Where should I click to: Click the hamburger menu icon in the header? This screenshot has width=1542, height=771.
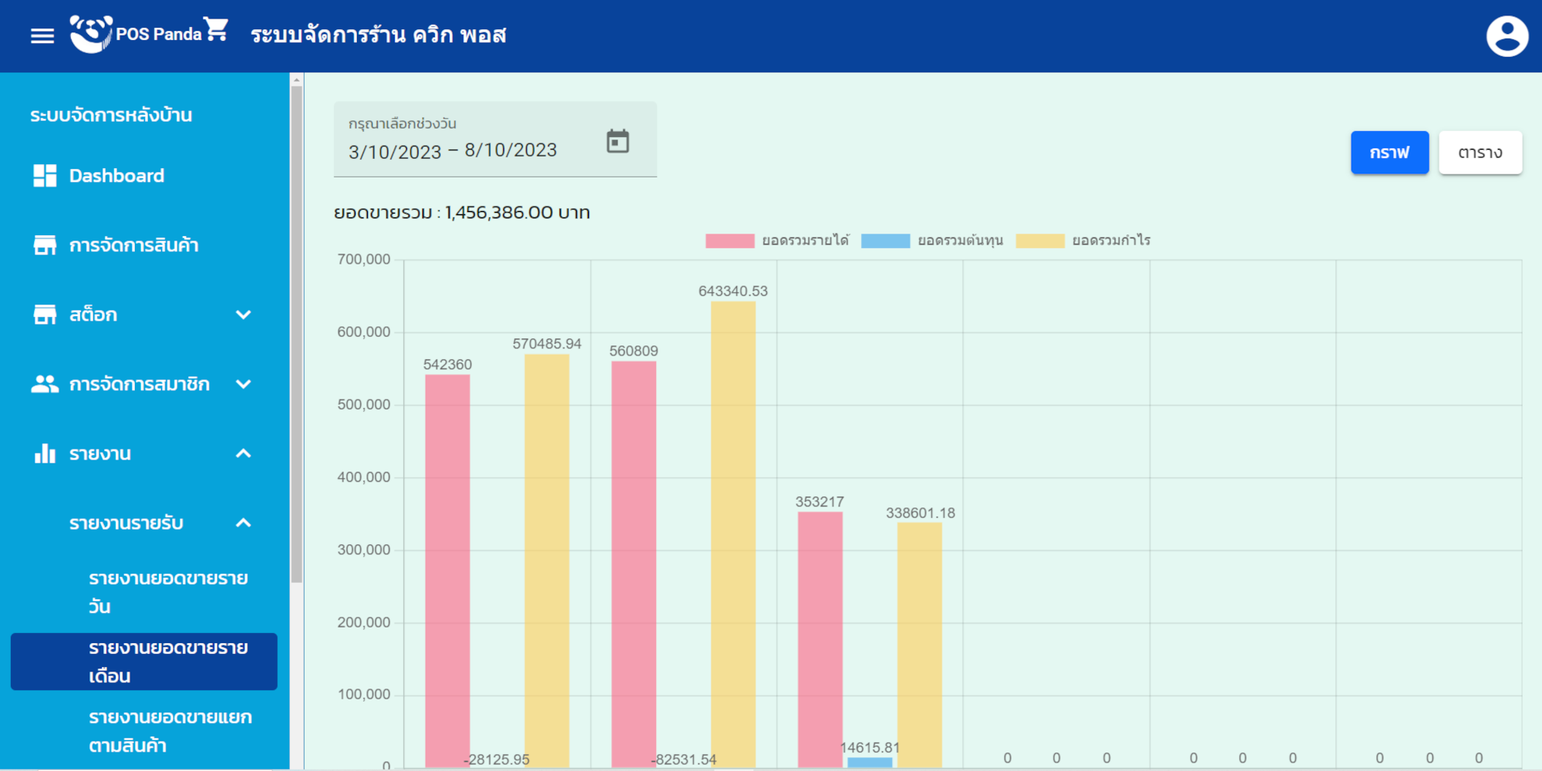click(x=42, y=35)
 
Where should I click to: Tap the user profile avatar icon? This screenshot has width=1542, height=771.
click(x=1507, y=35)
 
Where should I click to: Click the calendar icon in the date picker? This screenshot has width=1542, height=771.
click(x=618, y=141)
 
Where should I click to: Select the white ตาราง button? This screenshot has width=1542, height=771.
click(x=1480, y=153)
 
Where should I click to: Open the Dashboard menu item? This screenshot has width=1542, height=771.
click(x=116, y=176)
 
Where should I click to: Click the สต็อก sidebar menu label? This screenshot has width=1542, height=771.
click(x=93, y=315)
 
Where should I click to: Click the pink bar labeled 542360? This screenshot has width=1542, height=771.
click(x=447, y=571)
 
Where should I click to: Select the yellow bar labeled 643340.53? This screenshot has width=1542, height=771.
click(x=733, y=532)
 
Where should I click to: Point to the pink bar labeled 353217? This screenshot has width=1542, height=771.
click(x=820, y=640)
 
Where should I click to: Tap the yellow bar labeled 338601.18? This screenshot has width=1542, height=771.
click(x=920, y=645)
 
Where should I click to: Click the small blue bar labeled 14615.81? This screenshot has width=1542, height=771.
click(x=870, y=763)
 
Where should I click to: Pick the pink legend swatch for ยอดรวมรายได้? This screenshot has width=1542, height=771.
click(x=729, y=241)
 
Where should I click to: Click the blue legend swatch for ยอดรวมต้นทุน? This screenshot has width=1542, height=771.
click(x=885, y=241)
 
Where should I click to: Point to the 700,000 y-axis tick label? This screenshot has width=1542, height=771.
click(x=364, y=260)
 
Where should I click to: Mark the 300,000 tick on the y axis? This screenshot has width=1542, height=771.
click(x=364, y=550)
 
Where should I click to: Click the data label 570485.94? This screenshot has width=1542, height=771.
click(x=547, y=344)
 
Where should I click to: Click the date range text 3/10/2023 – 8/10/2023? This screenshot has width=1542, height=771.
click(x=453, y=151)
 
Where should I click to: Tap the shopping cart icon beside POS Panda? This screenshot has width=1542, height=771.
click(x=217, y=29)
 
